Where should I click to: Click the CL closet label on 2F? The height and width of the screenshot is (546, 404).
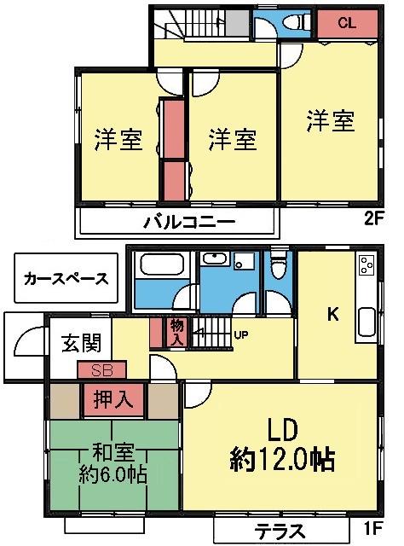[x=346, y=23]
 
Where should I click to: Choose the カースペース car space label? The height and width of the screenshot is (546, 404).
[x=66, y=278]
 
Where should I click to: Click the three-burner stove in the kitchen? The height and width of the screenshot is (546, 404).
[x=366, y=266]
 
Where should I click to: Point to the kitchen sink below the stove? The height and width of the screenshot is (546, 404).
[x=366, y=322]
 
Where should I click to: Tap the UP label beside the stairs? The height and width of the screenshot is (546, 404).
[x=241, y=334]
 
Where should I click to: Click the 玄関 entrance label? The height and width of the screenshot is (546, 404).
[x=81, y=343]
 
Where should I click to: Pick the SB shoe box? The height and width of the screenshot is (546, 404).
[x=101, y=370]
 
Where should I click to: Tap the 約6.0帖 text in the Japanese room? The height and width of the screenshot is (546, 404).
[x=113, y=475]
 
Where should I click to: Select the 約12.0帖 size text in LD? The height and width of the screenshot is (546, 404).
[x=281, y=460]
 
